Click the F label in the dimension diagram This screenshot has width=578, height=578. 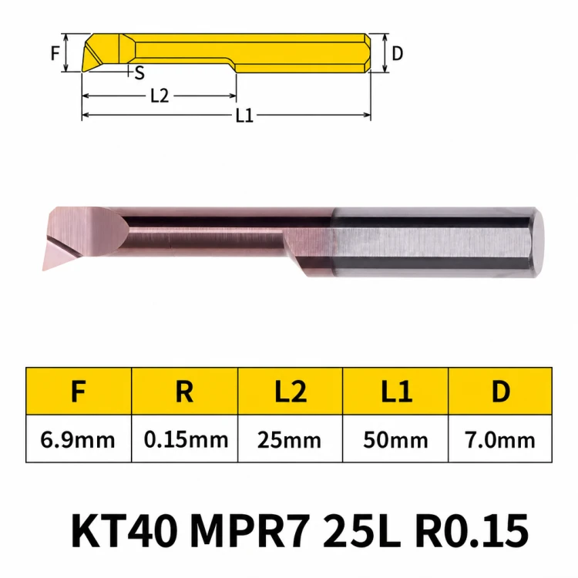click(55, 53)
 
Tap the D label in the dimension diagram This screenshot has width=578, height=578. click(397, 54)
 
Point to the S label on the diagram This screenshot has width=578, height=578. click(139, 73)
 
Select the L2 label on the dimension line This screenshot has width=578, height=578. click(160, 96)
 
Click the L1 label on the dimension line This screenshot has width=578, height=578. click(244, 116)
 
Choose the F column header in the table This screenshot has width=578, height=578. click(79, 391)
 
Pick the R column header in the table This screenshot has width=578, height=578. click(184, 391)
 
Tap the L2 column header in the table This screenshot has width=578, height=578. click(291, 391)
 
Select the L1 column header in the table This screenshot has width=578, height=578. click(396, 391)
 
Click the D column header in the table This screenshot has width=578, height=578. click(501, 391)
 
